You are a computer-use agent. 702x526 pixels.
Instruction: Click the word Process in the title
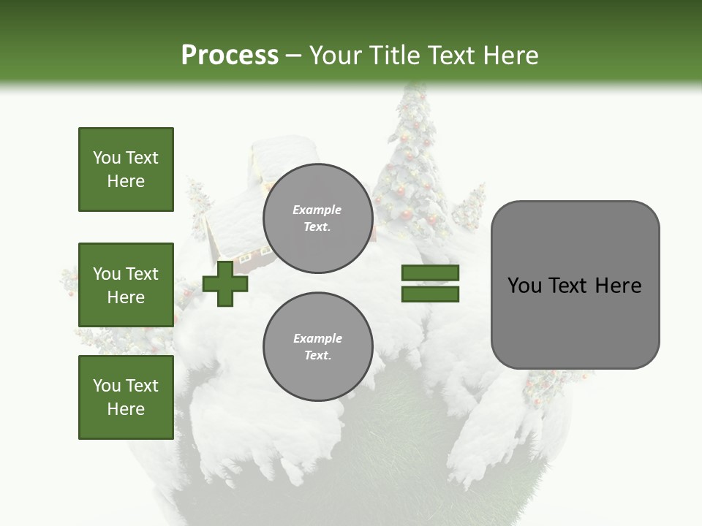(230, 56)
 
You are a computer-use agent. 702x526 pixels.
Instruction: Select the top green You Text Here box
(126, 169)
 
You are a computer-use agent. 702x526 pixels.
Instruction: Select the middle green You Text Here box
(126, 285)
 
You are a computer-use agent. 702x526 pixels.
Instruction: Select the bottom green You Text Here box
(126, 397)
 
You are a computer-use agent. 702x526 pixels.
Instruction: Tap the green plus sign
(225, 283)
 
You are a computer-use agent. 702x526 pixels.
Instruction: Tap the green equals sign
(430, 283)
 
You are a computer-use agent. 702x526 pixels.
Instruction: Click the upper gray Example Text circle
(317, 218)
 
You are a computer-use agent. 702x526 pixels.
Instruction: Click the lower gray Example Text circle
(317, 347)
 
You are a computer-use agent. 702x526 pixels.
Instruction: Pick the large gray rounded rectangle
(575, 285)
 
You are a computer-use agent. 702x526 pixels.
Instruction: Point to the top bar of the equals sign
(430, 273)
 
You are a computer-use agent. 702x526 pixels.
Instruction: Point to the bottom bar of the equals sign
(430, 294)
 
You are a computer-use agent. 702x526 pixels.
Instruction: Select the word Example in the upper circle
(317, 210)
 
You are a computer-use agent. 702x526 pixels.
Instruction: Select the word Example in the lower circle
(317, 338)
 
